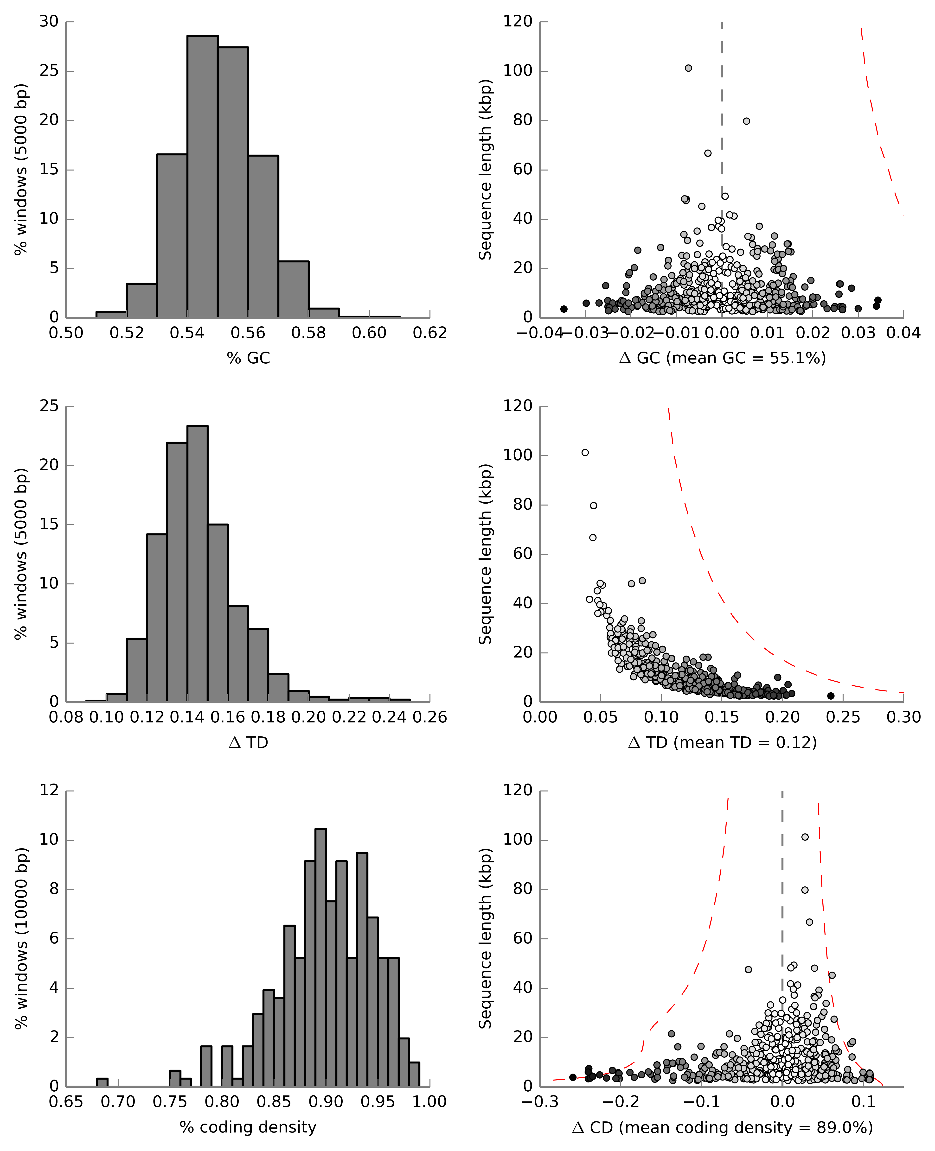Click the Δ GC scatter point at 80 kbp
[x=747, y=121]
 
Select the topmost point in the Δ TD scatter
[x=585, y=453]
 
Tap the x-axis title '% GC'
[x=248, y=358]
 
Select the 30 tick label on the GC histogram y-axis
[x=49, y=22]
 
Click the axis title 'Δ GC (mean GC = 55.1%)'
[x=722, y=358]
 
